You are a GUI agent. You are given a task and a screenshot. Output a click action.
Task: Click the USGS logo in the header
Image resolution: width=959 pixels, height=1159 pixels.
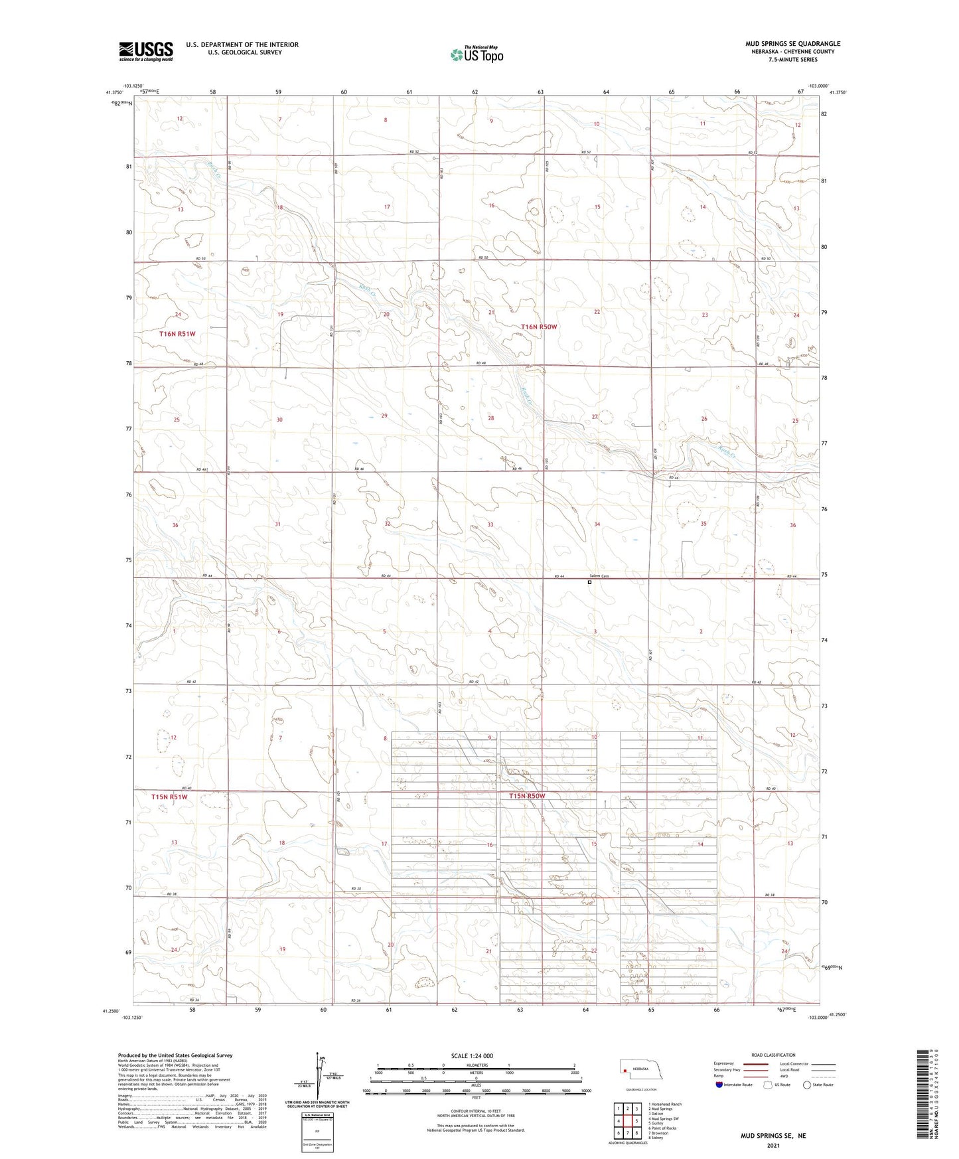(x=146, y=51)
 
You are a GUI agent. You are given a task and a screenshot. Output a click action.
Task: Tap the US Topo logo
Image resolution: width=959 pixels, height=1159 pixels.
(x=477, y=54)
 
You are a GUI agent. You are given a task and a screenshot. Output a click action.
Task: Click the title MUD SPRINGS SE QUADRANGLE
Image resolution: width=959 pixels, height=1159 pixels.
(x=792, y=44)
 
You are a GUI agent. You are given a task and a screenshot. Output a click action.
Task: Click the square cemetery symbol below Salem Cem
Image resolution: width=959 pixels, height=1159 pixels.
(x=589, y=582)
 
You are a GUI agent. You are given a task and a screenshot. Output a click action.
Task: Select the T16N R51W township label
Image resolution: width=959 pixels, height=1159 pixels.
(x=177, y=334)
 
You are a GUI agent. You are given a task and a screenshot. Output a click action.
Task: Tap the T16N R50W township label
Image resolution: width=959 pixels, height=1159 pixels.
(x=539, y=327)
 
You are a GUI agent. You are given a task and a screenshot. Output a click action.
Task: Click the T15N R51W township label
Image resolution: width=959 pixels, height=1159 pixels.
(x=169, y=796)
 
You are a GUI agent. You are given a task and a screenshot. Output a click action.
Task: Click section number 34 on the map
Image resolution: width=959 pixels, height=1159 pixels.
(x=597, y=524)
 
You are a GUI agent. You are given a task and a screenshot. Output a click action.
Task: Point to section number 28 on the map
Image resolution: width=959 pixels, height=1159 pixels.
(x=491, y=418)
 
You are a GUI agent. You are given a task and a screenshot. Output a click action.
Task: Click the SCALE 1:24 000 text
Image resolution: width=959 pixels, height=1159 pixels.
(x=473, y=1055)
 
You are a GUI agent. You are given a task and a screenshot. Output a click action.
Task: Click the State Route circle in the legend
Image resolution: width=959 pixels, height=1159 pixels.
(x=807, y=1085)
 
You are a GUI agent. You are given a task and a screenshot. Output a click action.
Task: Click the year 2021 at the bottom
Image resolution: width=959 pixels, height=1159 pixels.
(x=773, y=1146)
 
